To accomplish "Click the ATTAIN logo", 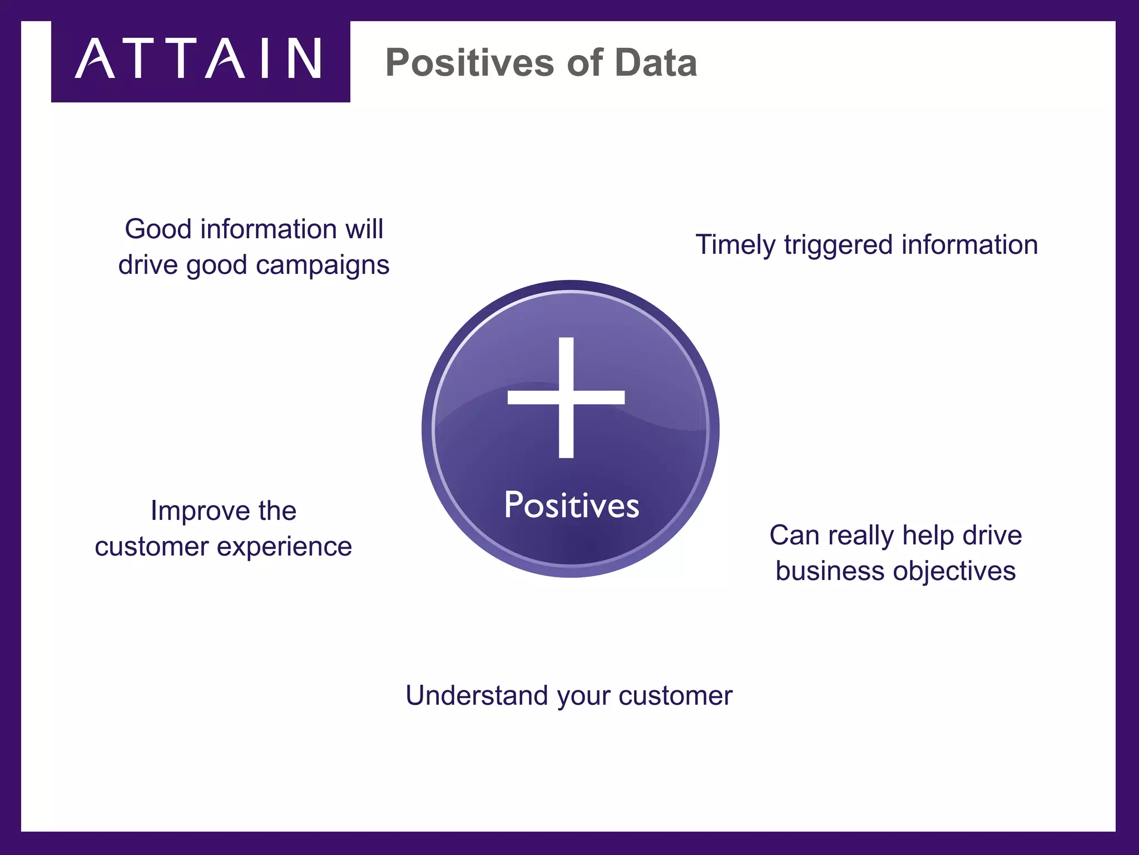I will (199, 59).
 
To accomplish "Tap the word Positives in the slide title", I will (469, 62).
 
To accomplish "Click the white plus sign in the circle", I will (566, 397).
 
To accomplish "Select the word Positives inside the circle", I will (571, 505).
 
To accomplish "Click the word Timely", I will (735, 245).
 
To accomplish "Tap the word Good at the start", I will (158, 229).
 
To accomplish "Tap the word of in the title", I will (585, 62).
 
